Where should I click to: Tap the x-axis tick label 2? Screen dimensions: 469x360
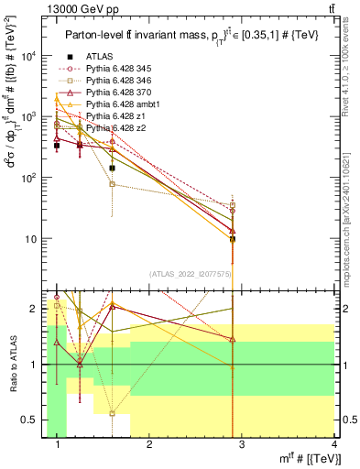149,446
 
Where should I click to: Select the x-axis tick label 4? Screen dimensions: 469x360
333,446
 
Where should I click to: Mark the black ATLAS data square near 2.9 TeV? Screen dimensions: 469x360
233,239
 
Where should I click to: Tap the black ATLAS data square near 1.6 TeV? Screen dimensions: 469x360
112,169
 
